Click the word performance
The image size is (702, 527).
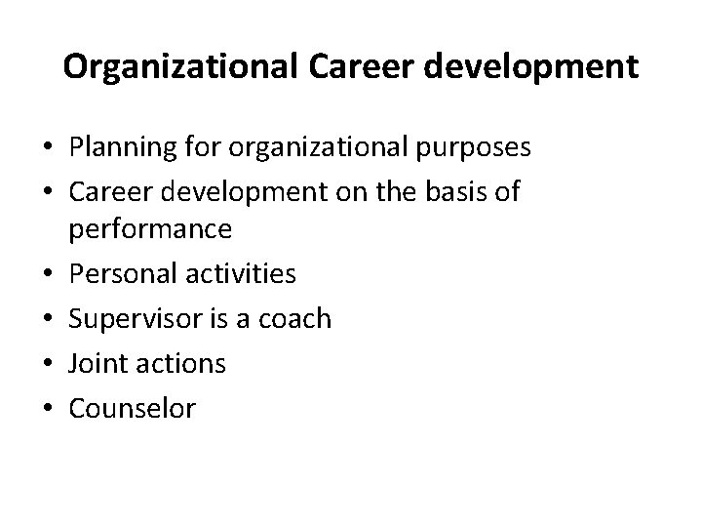(x=150, y=229)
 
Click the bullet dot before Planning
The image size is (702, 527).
(x=47, y=148)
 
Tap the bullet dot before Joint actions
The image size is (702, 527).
(x=47, y=364)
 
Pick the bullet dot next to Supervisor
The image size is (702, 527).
(x=47, y=319)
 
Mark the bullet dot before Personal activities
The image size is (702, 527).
(x=47, y=274)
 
